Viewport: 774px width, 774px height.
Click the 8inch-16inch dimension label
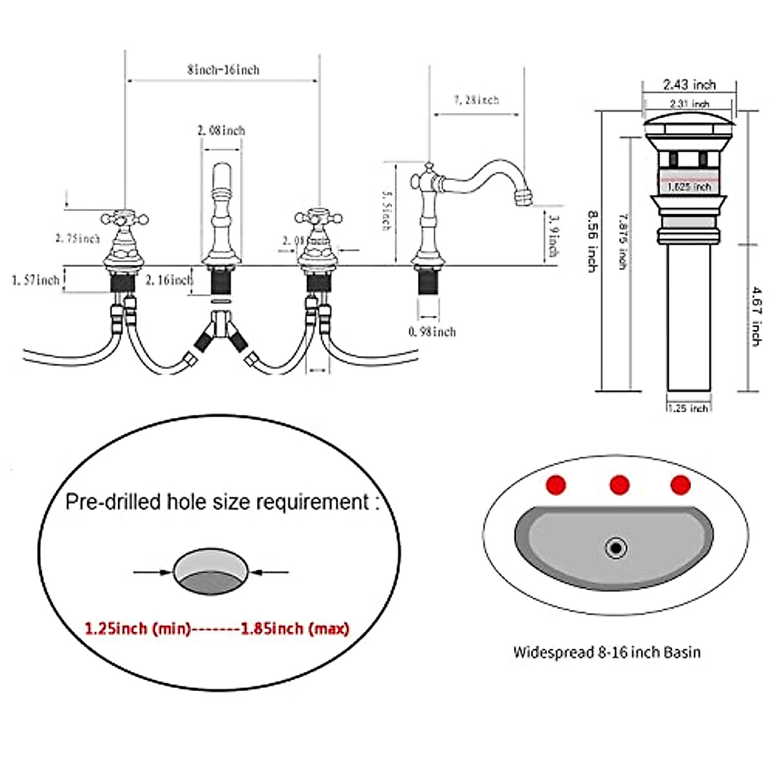(x=223, y=70)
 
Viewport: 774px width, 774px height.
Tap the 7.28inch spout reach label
(x=476, y=100)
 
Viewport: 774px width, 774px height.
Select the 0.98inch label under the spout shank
(x=432, y=332)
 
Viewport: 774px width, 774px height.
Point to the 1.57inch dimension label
(x=35, y=280)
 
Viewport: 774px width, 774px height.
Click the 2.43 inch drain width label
(x=690, y=84)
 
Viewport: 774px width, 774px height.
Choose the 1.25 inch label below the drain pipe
(x=688, y=408)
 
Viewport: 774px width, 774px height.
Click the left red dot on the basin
(x=556, y=485)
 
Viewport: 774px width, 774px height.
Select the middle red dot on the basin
(x=619, y=484)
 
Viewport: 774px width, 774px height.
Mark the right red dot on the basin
(x=680, y=485)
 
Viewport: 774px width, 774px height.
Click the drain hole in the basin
(x=617, y=549)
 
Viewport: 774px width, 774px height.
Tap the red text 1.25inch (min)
(x=137, y=628)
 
